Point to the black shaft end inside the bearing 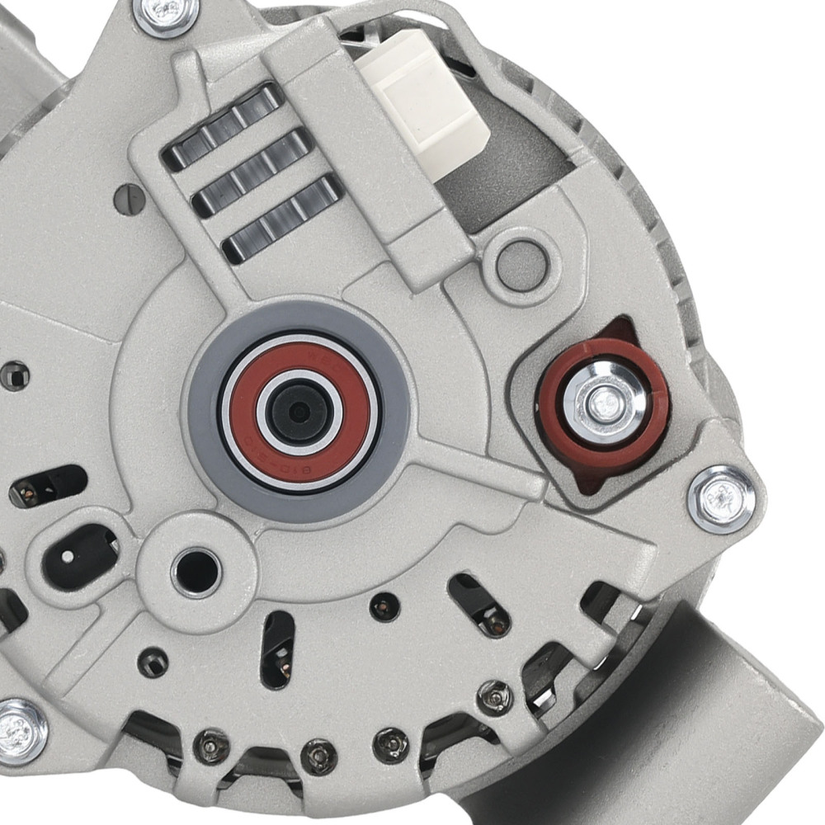[x=299, y=411]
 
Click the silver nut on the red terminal [x=606, y=402]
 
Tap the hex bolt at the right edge [x=722, y=497]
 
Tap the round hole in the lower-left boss [x=196, y=568]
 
